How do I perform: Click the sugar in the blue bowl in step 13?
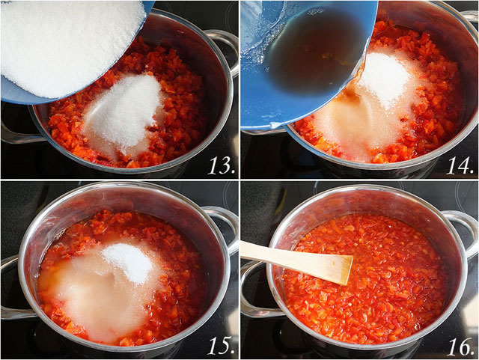click(x=67, y=45)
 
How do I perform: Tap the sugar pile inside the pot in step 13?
click(x=123, y=112)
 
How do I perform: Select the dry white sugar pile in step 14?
click(x=383, y=79)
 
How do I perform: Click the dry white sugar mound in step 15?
click(x=127, y=262)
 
